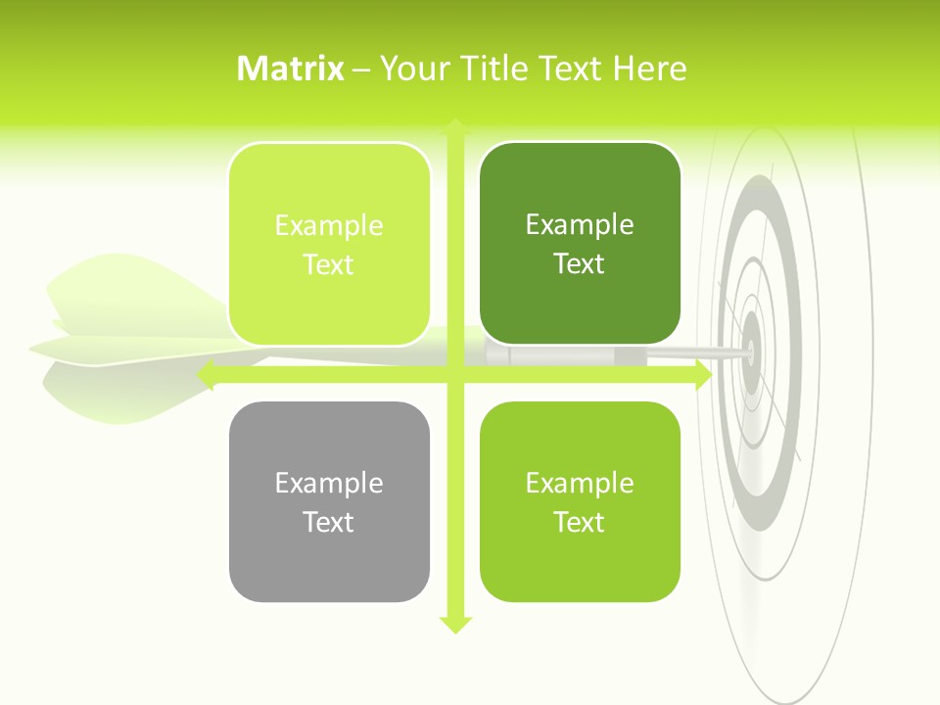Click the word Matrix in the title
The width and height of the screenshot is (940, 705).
291,69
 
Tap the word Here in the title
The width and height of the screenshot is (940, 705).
650,69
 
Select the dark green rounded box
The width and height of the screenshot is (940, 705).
579,244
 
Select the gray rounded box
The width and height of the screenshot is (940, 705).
329,501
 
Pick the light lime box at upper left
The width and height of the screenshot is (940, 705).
329,244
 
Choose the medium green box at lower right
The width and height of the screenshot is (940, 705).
579,501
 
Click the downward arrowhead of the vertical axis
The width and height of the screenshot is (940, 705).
455,624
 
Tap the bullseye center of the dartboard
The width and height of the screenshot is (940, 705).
752,349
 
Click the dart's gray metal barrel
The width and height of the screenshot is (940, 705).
568,354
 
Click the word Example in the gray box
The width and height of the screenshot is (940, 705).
329,483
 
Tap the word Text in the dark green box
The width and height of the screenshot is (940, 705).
579,263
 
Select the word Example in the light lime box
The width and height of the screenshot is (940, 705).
329,225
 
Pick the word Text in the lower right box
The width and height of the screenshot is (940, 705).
579,522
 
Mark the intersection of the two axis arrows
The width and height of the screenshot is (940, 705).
455,375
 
